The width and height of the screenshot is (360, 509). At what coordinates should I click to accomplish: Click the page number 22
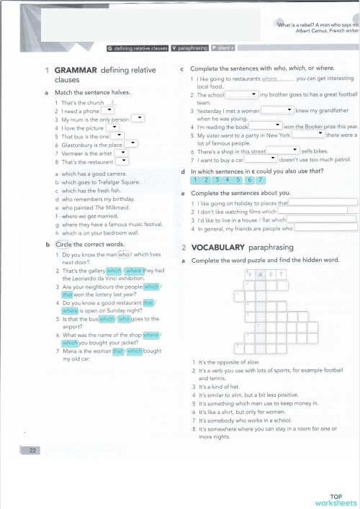tap(32, 451)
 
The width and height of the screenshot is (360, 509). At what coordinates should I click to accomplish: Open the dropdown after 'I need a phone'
tap(111, 112)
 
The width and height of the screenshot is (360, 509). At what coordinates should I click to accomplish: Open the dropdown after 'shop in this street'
tap(283, 150)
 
